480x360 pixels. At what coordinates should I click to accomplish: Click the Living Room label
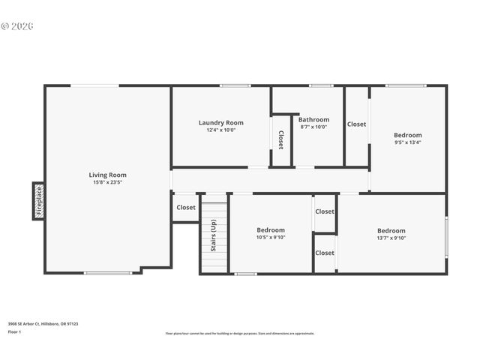click(x=108, y=175)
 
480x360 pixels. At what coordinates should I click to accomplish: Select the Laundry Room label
click(x=221, y=123)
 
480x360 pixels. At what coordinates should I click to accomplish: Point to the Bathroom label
click(x=313, y=119)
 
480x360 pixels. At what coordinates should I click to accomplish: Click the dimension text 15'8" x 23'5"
click(x=108, y=182)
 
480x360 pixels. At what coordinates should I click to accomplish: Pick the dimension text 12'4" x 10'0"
click(x=221, y=130)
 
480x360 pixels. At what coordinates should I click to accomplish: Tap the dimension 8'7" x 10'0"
click(x=313, y=127)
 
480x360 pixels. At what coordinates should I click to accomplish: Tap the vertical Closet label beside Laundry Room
click(x=281, y=140)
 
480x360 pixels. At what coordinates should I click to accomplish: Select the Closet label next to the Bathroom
click(x=357, y=124)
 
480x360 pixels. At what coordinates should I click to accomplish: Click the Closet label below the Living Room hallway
click(x=186, y=208)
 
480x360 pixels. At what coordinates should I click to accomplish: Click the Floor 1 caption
click(x=15, y=331)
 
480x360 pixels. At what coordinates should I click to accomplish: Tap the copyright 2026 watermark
click(x=17, y=25)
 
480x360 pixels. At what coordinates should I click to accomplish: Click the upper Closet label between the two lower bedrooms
click(x=325, y=211)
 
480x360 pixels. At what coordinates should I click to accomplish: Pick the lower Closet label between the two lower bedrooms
click(x=325, y=253)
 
